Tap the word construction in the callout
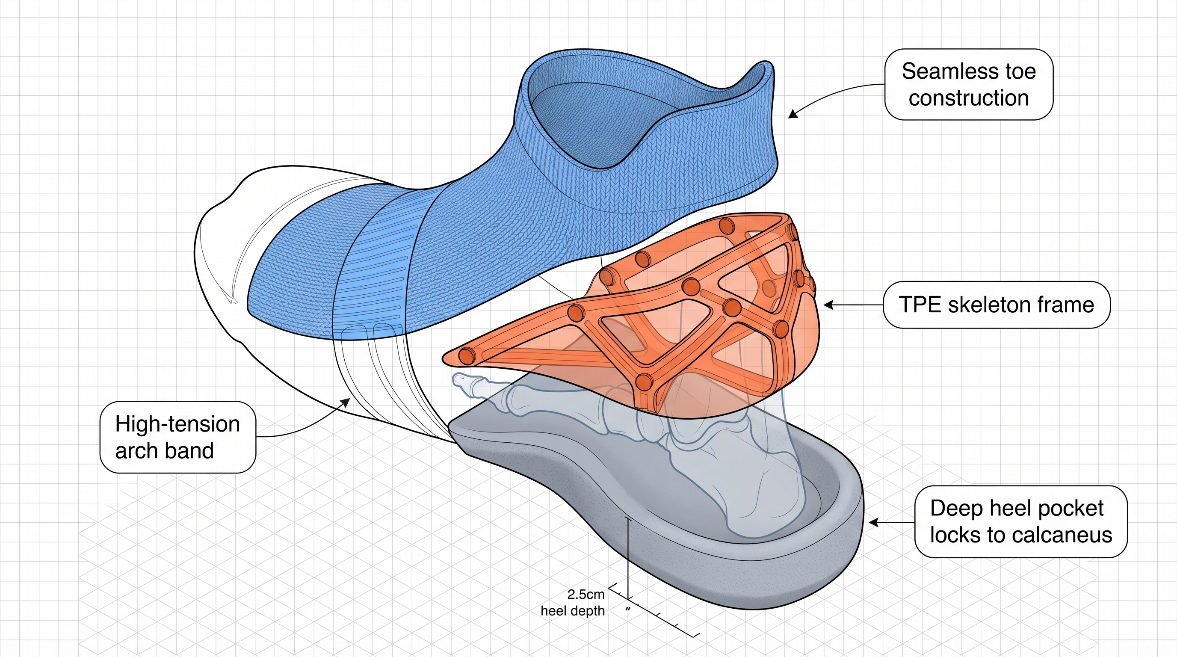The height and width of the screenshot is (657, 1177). pyautogui.click(x=969, y=98)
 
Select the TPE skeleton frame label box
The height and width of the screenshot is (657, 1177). pyautogui.click(x=996, y=305)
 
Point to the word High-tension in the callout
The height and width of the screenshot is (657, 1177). pyautogui.click(x=177, y=424)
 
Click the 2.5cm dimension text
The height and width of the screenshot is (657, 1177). pyautogui.click(x=586, y=595)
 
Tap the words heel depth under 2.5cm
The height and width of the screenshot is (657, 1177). pyautogui.click(x=573, y=611)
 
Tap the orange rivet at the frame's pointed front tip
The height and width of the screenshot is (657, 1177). pyautogui.click(x=467, y=355)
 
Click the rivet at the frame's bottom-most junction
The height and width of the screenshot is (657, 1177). pyautogui.click(x=644, y=382)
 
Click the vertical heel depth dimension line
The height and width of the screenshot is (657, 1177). pyautogui.click(x=629, y=557)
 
